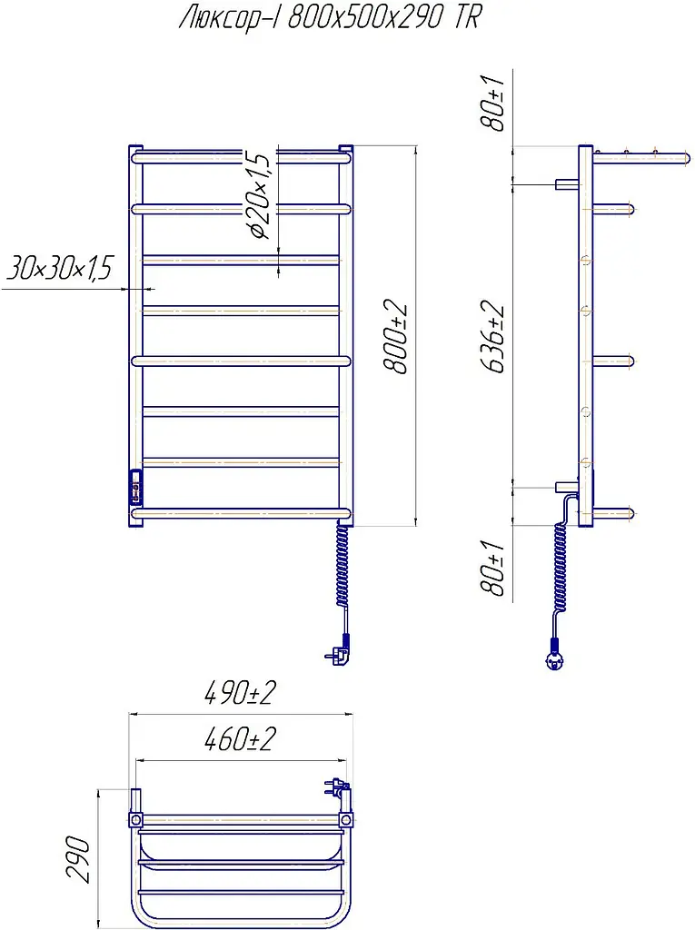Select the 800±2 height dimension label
(x=396, y=338)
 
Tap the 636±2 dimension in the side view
(x=492, y=338)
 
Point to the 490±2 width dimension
(x=240, y=692)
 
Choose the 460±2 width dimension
(x=240, y=739)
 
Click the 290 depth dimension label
(x=78, y=859)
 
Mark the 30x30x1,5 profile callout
(x=59, y=268)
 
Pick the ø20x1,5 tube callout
(x=259, y=195)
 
